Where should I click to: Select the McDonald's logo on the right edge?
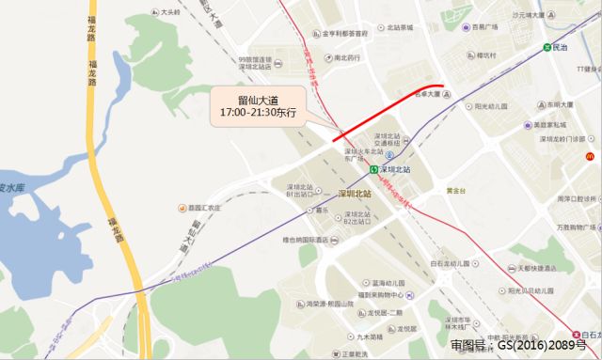pos(592,155)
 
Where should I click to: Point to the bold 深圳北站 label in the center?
pos(354,193)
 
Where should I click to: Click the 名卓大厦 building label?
pos(431,95)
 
